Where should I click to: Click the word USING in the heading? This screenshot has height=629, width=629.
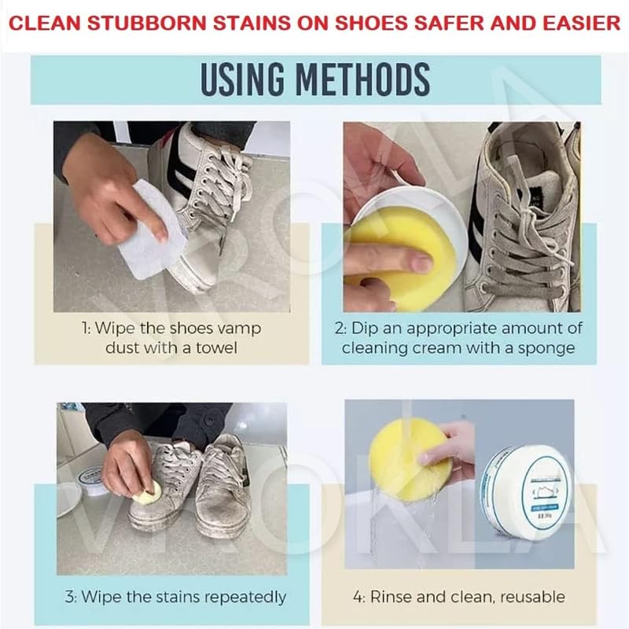click(x=241, y=80)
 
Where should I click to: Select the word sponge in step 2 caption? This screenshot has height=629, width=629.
click(x=550, y=347)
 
